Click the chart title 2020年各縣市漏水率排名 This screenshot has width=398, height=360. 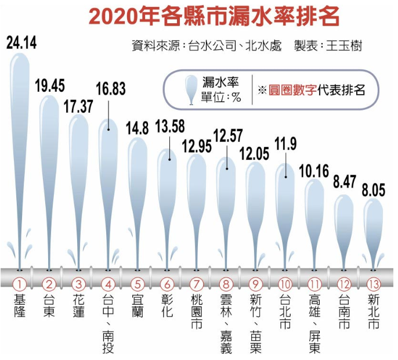point(214,16)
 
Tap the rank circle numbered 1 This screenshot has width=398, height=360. point(19,285)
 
